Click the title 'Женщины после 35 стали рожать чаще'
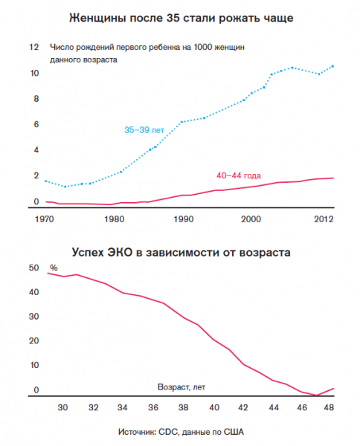pos(181,18)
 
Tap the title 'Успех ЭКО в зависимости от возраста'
pos(181,252)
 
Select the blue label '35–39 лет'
pos(144,130)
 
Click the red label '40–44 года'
pos(239,175)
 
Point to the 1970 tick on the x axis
pos(44,219)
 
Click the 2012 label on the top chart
pos(324,219)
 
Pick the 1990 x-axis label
pos(184,219)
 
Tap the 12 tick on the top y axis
pos(34,47)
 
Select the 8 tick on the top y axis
pos(36,99)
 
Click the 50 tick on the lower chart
pos(34,268)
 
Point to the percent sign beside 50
pos(54,268)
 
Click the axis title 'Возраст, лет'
pos(181,387)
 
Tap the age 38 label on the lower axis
pos(183,407)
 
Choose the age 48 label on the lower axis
pos(329,407)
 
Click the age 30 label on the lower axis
pos(62,407)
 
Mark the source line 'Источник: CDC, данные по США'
pos(181,432)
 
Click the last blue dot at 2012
pos(332,66)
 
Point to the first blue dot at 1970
pos(46,181)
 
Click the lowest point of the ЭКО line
pos(316,395)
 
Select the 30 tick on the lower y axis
pos(34,317)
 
